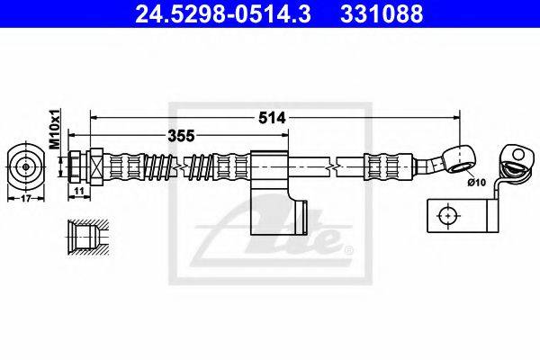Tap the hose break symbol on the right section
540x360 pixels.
(334, 166)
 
